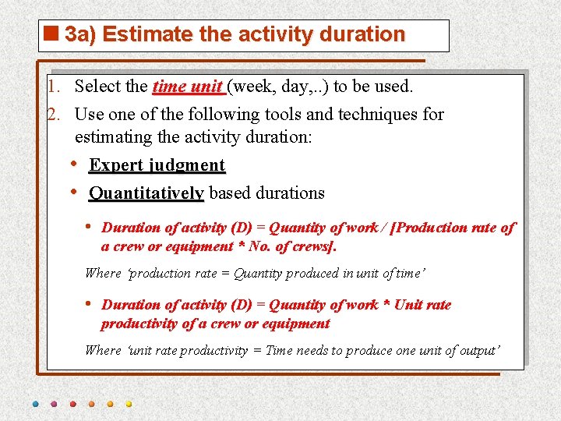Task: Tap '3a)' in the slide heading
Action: tap(81, 34)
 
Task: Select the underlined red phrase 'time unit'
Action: tap(187, 86)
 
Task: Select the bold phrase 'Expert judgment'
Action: tap(157, 165)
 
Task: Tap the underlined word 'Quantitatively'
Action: tap(146, 193)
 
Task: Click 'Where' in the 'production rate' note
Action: tap(103, 273)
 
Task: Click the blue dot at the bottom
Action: tap(35, 405)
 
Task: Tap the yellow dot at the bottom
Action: tap(129, 405)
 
